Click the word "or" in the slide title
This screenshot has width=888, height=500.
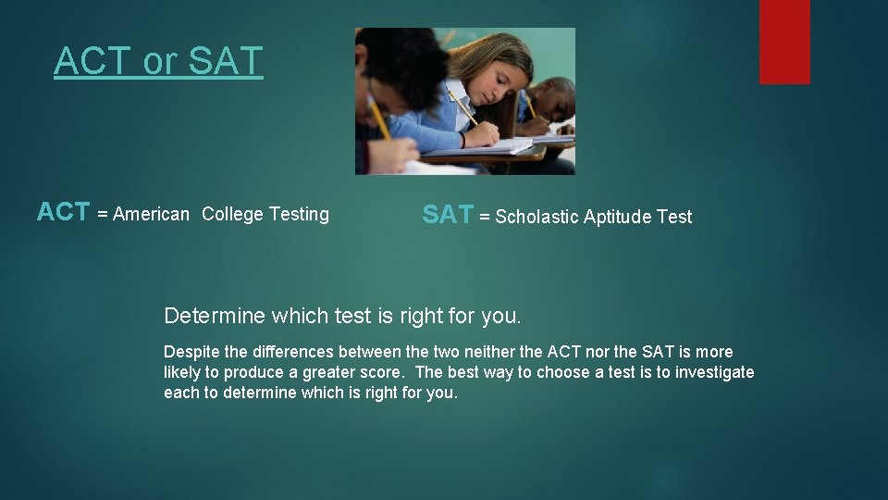click(160, 62)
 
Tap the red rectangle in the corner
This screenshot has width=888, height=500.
click(784, 42)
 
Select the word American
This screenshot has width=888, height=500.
click(151, 215)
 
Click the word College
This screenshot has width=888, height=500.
click(232, 215)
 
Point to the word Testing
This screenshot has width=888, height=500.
click(299, 215)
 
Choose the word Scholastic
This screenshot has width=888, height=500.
click(538, 218)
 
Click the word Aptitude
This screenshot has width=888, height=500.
click(619, 218)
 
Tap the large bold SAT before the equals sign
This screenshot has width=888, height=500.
click(447, 216)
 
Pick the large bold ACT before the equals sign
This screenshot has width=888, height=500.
click(63, 213)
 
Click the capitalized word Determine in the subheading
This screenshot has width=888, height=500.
click(215, 317)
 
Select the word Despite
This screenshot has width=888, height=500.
click(191, 353)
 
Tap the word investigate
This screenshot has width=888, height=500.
click(709, 372)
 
